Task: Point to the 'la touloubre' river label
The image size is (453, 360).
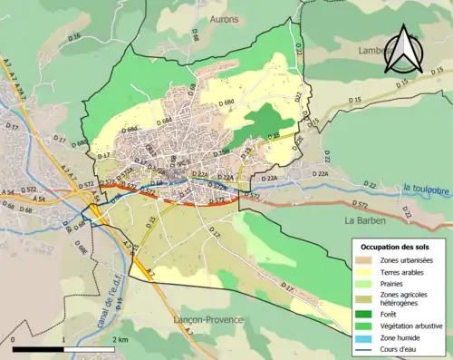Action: click(428, 189)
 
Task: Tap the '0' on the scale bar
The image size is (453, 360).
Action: click(14, 338)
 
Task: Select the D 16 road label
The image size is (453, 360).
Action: click(74, 36)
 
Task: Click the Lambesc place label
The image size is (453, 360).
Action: click(371, 52)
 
